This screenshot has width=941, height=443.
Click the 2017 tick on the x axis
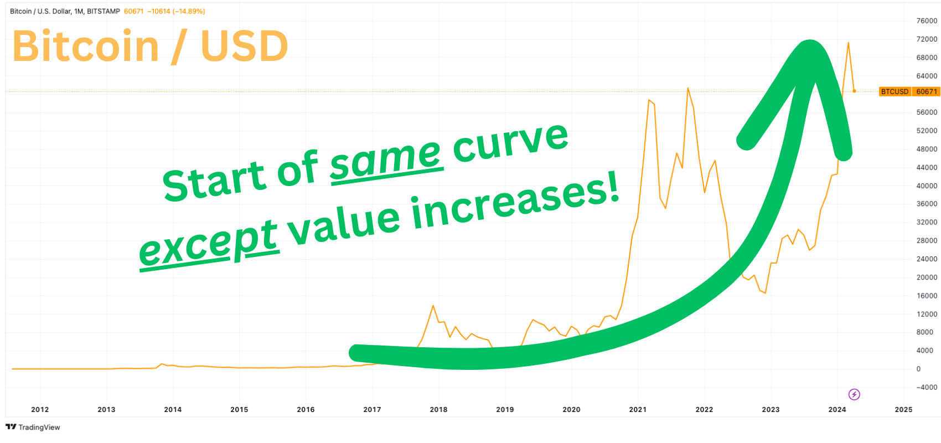pyautogui.click(x=372, y=409)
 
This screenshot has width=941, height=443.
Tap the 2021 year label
pyautogui.click(x=638, y=409)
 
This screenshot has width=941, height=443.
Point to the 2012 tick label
pyautogui.click(x=40, y=409)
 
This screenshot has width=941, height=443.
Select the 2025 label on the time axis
pyautogui.click(x=903, y=409)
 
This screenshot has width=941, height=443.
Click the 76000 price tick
pyautogui.click(x=927, y=21)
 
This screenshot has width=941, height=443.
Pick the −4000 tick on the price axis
pyautogui.click(x=926, y=387)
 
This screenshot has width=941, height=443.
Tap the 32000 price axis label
pyautogui.click(x=927, y=223)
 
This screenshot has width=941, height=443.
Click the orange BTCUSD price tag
pyautogui.click(x=909, y=91)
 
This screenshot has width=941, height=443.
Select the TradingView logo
pyautogui.click(x=33, y=427)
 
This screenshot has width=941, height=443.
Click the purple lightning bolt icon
pyautogui.click(x=854, y=394)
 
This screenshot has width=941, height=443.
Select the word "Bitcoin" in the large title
pyautogui.click(x=86, y=46)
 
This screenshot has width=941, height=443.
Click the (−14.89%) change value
pyautogui.click(x=188, y=11)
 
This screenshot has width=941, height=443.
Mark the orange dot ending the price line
pyautogui.click(x=854, y=91)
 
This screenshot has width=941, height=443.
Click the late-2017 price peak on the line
pyautogui.click(x=433, y=306)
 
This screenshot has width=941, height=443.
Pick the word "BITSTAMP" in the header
pyautogui.click(x=104, y=11)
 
